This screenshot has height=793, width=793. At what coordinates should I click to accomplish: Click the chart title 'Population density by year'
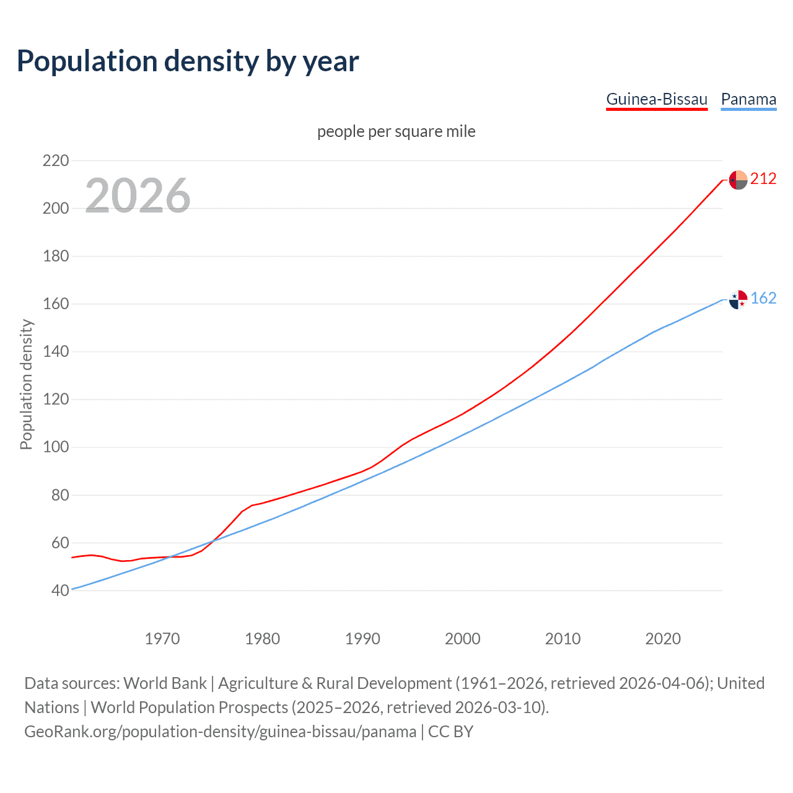pos(188,61)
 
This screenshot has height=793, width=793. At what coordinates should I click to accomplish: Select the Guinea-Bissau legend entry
pos(656,99)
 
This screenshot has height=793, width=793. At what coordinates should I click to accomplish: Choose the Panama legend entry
pos(748,99)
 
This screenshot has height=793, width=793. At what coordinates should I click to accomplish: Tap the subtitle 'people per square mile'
pos(396,131)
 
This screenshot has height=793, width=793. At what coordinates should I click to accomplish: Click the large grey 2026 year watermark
pos(138,196)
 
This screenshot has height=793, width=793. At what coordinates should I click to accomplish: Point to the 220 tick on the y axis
pos(56,160)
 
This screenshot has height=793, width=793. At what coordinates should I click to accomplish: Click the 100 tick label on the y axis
pos(56,447)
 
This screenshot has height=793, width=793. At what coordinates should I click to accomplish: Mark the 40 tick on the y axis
pos(60,590)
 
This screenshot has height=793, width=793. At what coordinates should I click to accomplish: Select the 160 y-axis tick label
pos(56,304)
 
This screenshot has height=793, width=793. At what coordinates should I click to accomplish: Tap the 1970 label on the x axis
pos(162,639)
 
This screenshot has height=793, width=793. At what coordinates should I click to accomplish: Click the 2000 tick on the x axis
pos(463,639)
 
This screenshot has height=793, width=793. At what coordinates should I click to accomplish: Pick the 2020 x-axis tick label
pos(663,639)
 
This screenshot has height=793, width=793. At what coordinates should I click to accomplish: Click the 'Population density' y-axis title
pos(26,384)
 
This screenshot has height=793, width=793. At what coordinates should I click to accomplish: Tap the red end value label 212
pos(763,179)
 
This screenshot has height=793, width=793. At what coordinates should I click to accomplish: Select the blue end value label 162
pos(763,299)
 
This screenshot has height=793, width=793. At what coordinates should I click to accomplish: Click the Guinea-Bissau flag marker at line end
pos(738,180)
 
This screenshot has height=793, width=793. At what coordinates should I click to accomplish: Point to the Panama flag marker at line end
pos(738,299)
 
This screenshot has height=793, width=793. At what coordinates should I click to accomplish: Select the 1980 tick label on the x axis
pos(263,639)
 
